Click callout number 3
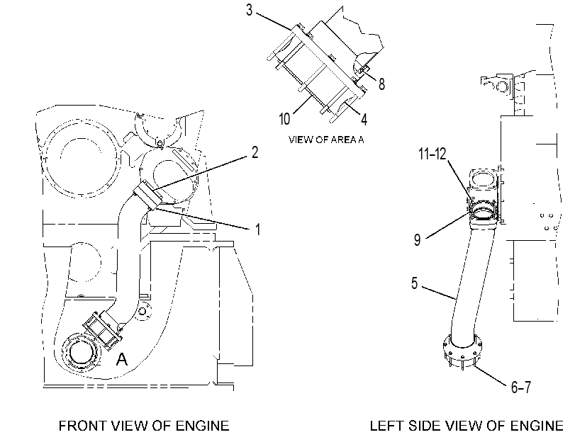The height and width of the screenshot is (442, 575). click(250, 10)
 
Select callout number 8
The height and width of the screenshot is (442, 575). click(381, 84)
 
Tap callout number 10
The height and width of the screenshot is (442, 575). click(284, 119)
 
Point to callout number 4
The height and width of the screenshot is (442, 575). click(364, 119)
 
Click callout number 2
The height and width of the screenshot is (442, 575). click(255, 152)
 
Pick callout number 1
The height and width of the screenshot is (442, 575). click(257, 229)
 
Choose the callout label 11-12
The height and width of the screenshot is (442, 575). click(432, 154)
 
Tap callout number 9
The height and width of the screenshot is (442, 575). click(418, 240)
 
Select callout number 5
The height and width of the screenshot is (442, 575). click(414, 283)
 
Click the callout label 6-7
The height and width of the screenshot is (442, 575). click(521, 387)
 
